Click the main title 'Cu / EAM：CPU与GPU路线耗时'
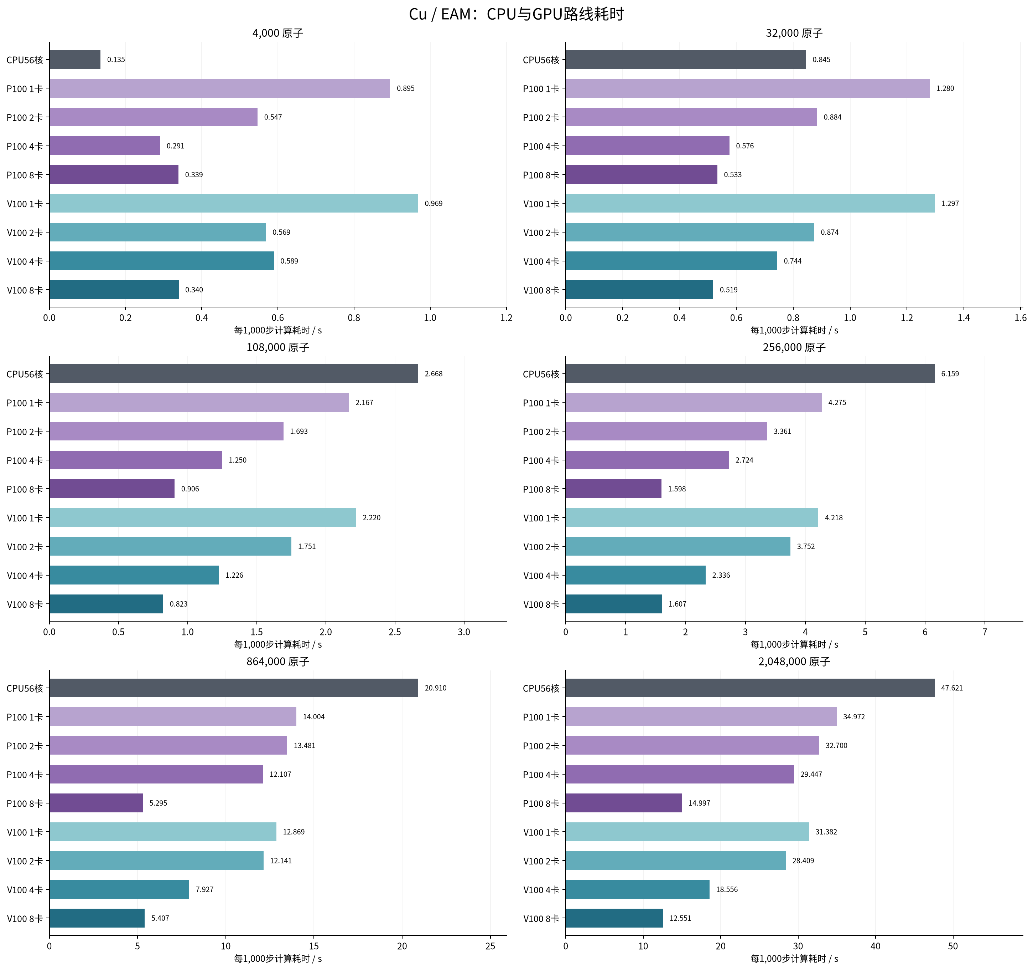pos(516,14)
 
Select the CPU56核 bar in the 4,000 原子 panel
pos(75,59)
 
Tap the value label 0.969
pos(434,203)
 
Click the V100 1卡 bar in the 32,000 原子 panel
pos(750,203)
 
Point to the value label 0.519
pos(728,290)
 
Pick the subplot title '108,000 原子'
pos(278,347)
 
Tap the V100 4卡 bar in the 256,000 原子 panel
pos(635,575)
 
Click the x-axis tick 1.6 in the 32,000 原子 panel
pos(1021,318)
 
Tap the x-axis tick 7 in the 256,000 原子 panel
pos(985,632)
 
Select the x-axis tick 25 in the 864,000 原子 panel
pos(490,946)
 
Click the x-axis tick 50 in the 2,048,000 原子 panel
pos(952,946)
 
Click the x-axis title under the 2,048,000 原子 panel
pos(794,959)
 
